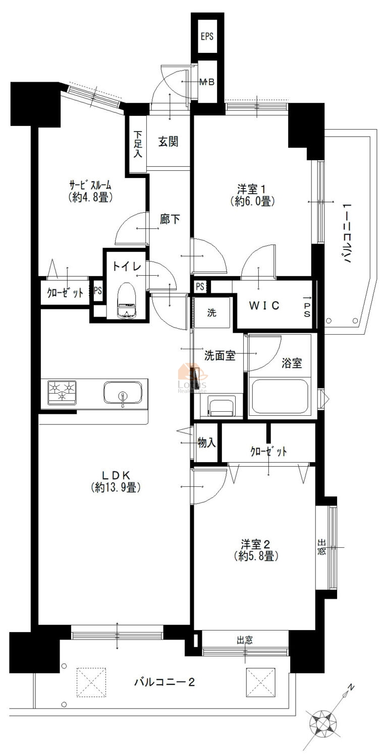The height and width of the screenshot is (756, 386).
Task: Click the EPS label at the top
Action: point(207,36)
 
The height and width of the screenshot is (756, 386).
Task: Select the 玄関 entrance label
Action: point(169,142)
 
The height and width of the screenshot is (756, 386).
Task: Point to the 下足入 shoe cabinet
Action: point(137,145)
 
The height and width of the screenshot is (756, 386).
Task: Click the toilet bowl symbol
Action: point(127,300)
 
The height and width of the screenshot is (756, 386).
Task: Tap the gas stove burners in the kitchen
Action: point(62,392)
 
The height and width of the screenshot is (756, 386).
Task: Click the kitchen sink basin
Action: point(123,393)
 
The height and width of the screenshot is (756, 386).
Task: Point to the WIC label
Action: point(264,305)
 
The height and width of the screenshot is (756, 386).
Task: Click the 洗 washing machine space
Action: point(212,312)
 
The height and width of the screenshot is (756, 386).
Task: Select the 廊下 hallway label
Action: point(170,219)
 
